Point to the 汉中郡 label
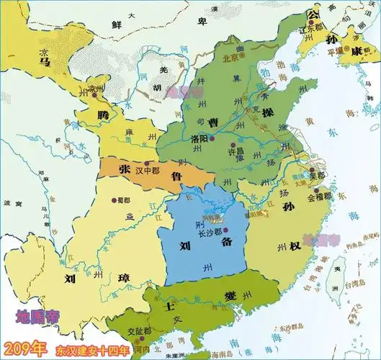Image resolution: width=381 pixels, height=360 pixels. click(146, 164)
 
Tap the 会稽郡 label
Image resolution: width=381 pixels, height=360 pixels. click(319, 196)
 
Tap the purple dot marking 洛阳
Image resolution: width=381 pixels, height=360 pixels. click(212, 138)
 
